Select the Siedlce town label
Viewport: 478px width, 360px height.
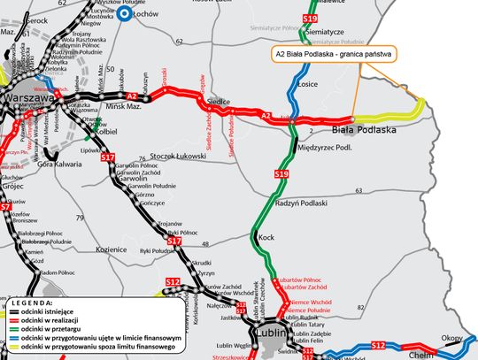tap(220, 103)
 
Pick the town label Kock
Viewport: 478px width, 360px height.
tap(266, 237)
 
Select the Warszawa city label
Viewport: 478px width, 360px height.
tap(27, 96)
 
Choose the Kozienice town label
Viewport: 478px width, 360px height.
tap(112, 249)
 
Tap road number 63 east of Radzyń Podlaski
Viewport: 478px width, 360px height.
tap(358, 190)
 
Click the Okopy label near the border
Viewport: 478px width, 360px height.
tap(451, 338)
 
